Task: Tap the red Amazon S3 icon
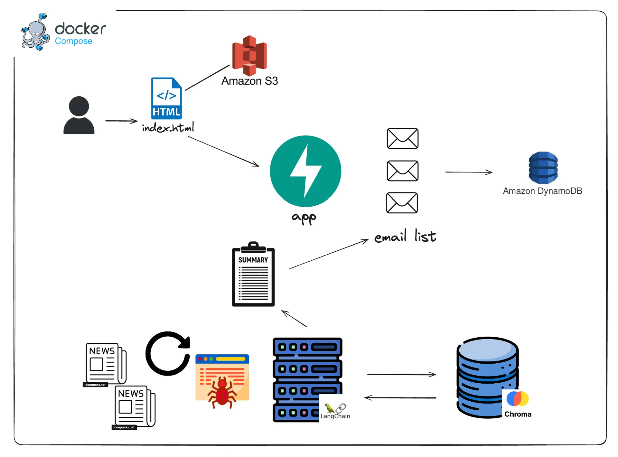249,55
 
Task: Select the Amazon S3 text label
249,81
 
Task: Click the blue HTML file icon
166,98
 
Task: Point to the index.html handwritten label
168,128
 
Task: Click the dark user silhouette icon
79,115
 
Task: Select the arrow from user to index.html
121,121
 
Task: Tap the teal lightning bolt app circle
305,171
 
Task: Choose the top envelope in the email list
402,138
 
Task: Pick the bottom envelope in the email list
402,203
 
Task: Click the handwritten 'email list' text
405,237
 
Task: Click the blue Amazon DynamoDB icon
543,167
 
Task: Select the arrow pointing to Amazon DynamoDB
469,172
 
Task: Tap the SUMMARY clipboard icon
253,274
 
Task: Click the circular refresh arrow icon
168,353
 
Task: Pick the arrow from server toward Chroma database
401,374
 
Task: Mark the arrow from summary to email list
329,254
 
